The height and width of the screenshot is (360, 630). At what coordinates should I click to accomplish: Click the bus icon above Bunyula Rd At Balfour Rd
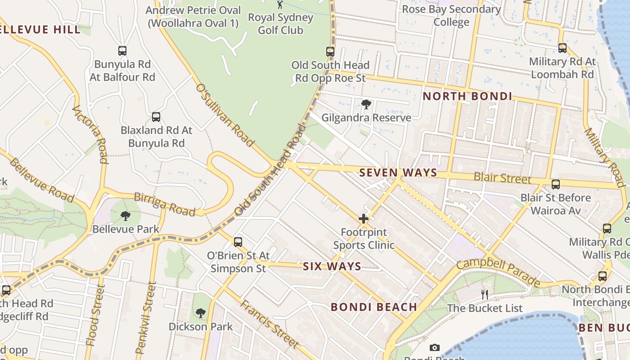pos(122,51)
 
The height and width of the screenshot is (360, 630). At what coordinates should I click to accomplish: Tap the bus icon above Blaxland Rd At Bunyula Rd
pos(156,117)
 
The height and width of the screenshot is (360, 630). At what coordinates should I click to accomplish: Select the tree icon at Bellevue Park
pos(126,216)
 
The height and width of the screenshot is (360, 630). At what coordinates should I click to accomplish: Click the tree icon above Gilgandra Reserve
pos(366,104)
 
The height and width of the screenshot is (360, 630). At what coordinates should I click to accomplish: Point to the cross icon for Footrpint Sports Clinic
pos(364,219)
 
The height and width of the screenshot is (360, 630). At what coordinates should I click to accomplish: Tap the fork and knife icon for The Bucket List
pos(485,295)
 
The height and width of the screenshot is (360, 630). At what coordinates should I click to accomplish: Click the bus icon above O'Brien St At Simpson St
pos(238,242)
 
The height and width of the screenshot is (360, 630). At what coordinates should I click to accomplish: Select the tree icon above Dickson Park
pos(201,313)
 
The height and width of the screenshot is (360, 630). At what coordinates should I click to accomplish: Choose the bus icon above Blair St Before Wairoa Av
pos(556,184)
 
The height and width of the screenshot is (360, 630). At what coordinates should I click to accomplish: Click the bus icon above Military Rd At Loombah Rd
pos(562,48)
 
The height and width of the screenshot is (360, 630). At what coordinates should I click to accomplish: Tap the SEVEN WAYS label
pos(398,173)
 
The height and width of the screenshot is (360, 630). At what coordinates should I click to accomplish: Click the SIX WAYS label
pos(332,266)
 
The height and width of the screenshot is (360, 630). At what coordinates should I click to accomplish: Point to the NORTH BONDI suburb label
pos(467,96)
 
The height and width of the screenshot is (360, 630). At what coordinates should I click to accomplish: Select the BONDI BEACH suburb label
pos(373,307)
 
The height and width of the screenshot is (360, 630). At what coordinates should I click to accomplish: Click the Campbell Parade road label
pos(498,272)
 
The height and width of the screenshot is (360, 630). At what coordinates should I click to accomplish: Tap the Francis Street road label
pos(269,324)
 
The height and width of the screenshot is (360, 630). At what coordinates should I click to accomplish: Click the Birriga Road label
pos(165,204)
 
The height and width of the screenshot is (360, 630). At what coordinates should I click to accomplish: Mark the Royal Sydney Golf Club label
pos(281,24)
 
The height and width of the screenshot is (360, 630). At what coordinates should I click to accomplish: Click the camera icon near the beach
pos(434,347)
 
